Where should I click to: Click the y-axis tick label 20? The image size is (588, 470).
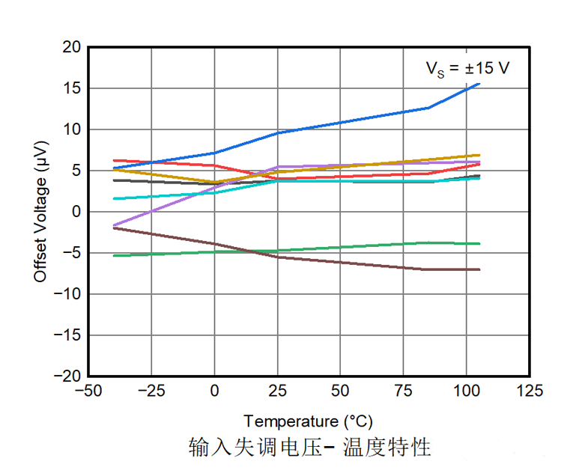pyautogui.click(x=73, y=47)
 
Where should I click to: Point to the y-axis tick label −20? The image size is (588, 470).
pyautogui.click(x=69, y=376)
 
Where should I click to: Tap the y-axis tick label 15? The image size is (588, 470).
pyautogui.click(x=73, y=88)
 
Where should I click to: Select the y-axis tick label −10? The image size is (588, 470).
pyautogui.click(x=69, y=293)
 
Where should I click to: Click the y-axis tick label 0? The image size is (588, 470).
pyautogui.click(x=76, y=212)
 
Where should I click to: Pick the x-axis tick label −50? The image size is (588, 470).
pyautogui.click(x=88, y=391)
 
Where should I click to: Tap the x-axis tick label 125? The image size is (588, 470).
pyautogui.click(x=530, y=391)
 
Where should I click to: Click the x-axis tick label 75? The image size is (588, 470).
pyautogui.click(x=404, y=391)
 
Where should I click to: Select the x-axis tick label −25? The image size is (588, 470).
pyautogui.click(x=151, y=391)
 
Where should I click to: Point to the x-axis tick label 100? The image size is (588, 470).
pyautogui.click(x=467, y=391)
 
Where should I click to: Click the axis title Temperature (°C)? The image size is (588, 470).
pyautogui.click(x=308, y=421)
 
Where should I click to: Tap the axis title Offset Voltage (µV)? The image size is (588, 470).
pyautogui.click(x=40, y=212)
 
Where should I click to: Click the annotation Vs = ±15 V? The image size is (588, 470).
pyautogui.click(x=468, y=69)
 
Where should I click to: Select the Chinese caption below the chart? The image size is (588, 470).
pyautogui.click(x=309, y=448)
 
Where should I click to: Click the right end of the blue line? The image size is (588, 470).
pyautogui.click(x=479, y=84)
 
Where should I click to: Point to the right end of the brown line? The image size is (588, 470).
pyautogui.click(x=479, y=269)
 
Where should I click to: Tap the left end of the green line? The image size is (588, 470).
pyautogui.click(x=114, y=256)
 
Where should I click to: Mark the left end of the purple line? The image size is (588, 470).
pyautogui.click(x=114, y=225)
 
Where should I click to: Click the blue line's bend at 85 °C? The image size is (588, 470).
pyautogui.click(x=428, y=108)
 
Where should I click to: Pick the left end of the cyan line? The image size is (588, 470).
pyautogui.click(x=114, y=198)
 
